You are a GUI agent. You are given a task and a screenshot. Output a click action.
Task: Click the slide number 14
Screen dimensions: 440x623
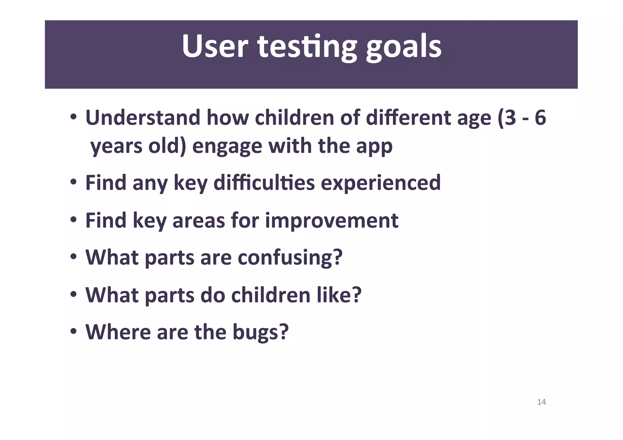coord(541,402)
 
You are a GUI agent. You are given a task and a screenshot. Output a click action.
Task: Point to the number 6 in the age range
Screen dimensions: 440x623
coord(540,118)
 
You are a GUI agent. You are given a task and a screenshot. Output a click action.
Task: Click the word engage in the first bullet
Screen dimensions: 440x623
coord(227,146)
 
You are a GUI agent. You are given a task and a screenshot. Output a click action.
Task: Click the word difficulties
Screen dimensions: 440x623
coord(264,183)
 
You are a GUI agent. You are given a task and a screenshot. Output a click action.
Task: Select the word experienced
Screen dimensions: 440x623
coord(381,183)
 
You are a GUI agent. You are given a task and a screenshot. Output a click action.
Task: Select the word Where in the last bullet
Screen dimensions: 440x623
coord(118,332)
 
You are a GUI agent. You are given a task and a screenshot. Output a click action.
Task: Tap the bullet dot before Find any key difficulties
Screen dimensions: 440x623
coord(73,182)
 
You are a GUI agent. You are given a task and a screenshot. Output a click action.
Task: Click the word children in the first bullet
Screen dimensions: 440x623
coord(294,118)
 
